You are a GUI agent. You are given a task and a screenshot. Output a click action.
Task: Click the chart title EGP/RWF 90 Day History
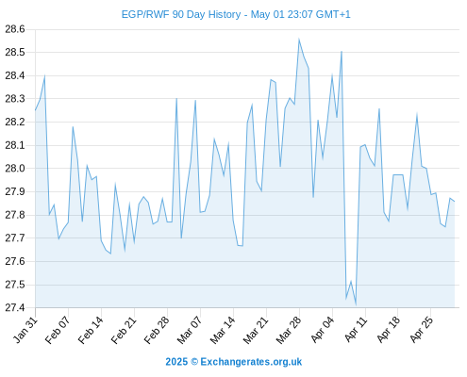tap(181, 14)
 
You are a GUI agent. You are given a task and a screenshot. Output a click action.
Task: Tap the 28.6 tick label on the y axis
tap(15, 29)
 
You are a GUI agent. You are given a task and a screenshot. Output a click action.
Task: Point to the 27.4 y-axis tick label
tap(15, 307)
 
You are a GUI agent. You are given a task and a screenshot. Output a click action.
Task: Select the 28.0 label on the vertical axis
tap(15, 169)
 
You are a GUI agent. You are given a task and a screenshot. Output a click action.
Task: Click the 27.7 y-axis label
tap(15, 238)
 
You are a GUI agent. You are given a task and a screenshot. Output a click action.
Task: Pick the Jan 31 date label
tap(25, 330)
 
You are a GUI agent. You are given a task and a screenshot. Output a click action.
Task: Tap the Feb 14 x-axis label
tap(92, 330)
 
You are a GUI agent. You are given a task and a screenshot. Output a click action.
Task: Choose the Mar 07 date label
tap(190, 330)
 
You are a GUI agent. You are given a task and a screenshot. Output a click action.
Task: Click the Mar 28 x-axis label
tap(289, 330)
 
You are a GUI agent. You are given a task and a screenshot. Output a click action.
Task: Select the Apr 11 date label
tap(356, 330)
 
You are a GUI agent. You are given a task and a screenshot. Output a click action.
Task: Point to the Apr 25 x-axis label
tap(422, 330)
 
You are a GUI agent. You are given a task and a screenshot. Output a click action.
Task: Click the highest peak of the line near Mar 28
tap(299, 39)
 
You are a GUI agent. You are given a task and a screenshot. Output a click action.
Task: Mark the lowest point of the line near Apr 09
tap(356, 304)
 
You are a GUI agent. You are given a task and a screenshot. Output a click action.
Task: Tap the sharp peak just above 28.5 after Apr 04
tap(342, 51)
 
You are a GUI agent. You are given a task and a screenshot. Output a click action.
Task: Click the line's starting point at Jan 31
tap(35, 110)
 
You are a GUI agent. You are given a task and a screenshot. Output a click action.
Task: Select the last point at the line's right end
tap(455, 202)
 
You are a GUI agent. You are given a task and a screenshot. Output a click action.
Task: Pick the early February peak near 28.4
tap(44, 75)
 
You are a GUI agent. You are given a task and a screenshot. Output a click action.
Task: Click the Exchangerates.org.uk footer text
tap(251, 362)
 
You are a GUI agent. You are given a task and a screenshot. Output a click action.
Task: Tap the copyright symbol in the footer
tap(194, 362)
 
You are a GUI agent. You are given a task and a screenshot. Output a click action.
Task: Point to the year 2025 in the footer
tap(176, 362)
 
